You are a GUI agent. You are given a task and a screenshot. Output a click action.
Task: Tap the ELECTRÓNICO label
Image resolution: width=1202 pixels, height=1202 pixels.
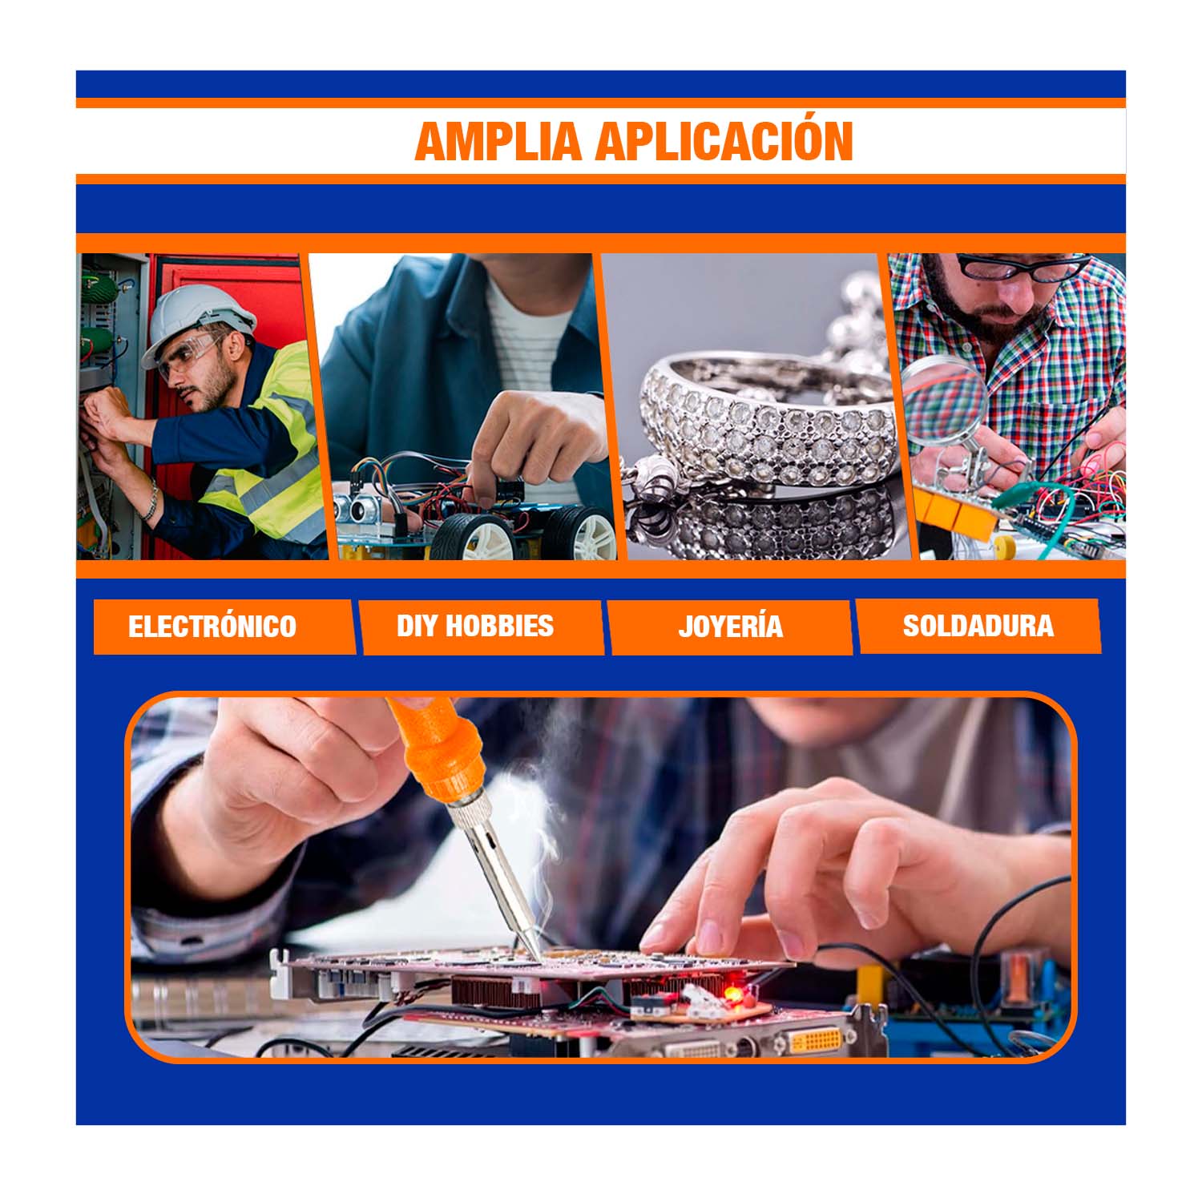[x=212, y=626]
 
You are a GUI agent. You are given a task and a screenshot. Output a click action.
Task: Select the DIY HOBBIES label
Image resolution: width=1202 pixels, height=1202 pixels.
[x=475, y=625]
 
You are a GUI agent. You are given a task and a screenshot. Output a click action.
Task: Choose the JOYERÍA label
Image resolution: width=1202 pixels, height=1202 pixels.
[x=731, y=626]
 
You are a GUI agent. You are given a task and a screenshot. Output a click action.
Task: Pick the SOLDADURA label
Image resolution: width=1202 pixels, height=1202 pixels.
[x=978, y=626]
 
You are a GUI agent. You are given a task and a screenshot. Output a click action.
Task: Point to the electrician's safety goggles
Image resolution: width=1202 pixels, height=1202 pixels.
[x=192, y=355]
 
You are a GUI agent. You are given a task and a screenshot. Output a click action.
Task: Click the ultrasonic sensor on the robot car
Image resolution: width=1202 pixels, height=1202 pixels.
[x=358, y=506]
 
